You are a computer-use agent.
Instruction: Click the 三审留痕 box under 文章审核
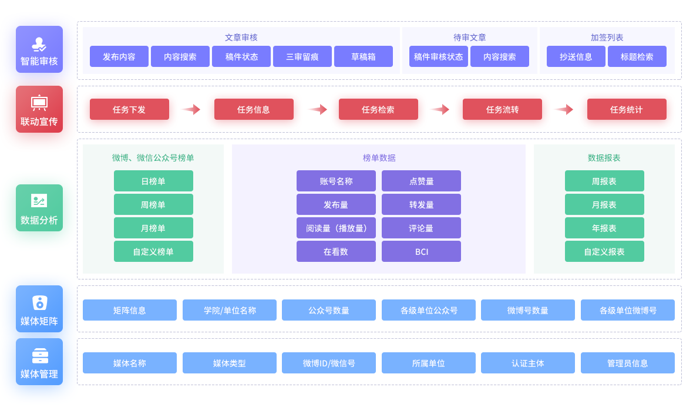[x=302, y=56]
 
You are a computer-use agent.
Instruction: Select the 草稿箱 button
[x=364, y=56]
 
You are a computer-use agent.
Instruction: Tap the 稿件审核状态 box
[x=439, y=56]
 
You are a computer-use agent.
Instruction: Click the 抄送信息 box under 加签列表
[x=576, y=56]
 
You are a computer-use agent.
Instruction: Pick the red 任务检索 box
[x=378, y=109]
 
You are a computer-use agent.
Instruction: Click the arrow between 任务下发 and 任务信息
[x=191, y=109]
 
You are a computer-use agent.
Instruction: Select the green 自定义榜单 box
[x=153, y=251]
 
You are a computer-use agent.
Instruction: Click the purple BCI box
[x=421, y=251]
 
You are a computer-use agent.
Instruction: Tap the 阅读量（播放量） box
[x=336, y=228]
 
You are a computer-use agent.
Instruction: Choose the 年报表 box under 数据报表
[x=604, y=228]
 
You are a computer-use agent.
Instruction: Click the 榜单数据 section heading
[x=379, y=158]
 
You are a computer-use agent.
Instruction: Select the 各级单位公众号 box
[x=429, y=310]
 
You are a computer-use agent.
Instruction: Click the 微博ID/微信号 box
[x=329, y=363]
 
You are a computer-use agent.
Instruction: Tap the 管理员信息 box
[x=628, y=363]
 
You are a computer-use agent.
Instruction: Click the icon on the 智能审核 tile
[x=39, y=44]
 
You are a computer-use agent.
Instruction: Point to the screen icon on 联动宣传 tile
[x=39, y=103]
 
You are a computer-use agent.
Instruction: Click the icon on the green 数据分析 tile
[x=39, y=201]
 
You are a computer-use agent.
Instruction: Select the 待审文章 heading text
[x=469, y=38]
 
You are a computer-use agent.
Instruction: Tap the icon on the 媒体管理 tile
[x=40, y=356]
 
